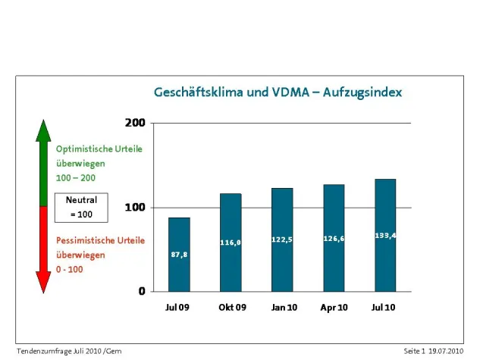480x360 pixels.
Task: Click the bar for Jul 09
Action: pos(179,254)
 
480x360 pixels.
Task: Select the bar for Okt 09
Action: pos(231,243)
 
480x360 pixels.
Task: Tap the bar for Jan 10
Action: pos(282,239)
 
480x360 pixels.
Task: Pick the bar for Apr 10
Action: pos(334,238)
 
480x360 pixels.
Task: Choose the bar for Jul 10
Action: pos(385,235)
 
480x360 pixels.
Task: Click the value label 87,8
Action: pos(179,255)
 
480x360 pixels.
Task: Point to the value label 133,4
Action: pos(385,236)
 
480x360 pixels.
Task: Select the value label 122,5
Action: pos(282,239)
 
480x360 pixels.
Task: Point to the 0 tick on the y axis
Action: pos(141,292)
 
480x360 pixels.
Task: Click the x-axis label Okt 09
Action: pos(231,308)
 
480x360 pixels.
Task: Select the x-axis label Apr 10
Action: pos(334,308)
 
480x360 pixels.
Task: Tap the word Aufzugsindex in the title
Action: pos(362,92)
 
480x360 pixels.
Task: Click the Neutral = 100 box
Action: pos(81,207)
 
